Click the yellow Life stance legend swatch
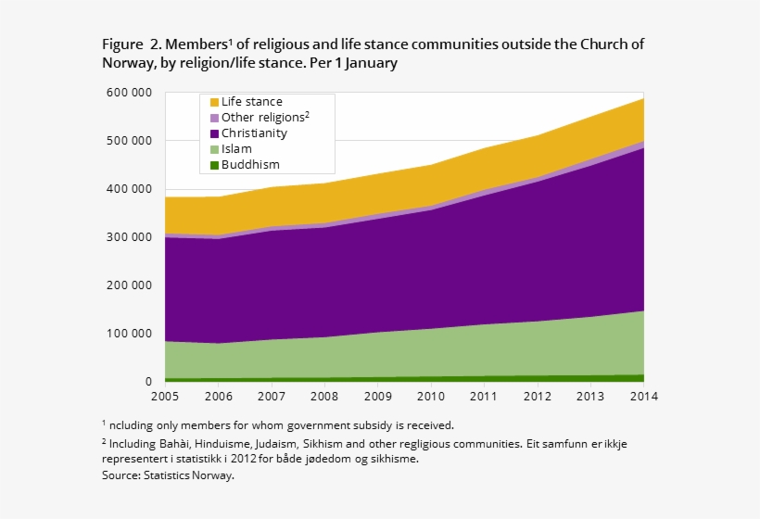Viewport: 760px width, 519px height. [x=214, y=102]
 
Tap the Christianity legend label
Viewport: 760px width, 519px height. [x=254, y=133]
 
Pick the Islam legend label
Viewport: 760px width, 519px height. [x=235, y=149]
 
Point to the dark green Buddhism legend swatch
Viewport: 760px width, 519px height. [x=214, y=165]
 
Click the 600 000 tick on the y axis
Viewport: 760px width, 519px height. [x=130, y=93]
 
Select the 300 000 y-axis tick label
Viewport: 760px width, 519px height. [x=130, y=237]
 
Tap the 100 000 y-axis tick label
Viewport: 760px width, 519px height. [x=130, y=334]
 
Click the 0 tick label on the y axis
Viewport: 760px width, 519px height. [x=148, y=382]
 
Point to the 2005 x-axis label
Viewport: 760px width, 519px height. [x=165, y=397]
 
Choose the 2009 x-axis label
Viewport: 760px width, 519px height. [x=377, y=397]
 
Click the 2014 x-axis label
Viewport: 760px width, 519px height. [x=643, y=397]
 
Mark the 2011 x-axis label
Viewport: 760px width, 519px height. [x=484, y=397]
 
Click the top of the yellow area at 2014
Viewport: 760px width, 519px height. [x=643, y=98]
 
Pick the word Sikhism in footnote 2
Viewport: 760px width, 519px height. [x=333, y=444]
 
